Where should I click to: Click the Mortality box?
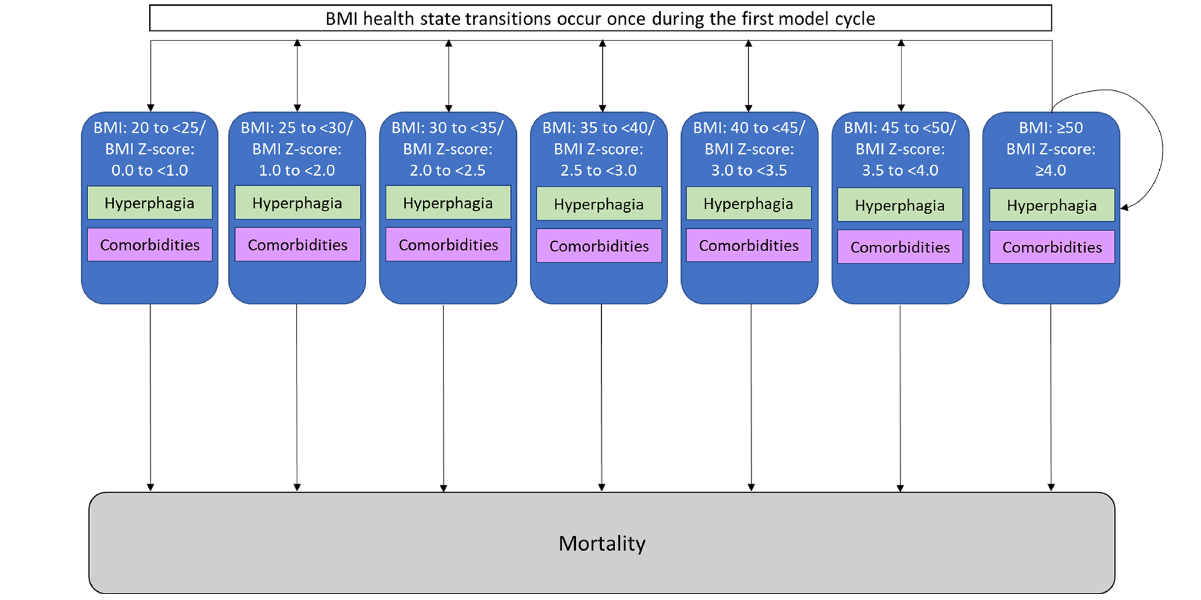tap(602, 542)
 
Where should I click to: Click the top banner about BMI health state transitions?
tap(600, 18)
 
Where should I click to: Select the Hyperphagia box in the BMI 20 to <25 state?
tap(150, 203)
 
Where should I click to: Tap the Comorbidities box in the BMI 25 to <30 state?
tap(297, 245)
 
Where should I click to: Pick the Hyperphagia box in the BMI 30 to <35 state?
tap(448, 203)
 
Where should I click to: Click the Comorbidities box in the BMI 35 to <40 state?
tap(599, 246)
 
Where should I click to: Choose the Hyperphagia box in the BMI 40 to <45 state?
tap(748, 204)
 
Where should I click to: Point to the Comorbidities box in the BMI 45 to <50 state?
tap(900, 247)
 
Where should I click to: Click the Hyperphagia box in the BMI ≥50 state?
tap(1051, 205)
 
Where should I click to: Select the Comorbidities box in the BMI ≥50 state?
tap(1051, 247)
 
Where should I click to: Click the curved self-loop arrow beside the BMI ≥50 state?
tap(1162, 147)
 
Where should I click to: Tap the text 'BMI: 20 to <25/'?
tap(150, 128)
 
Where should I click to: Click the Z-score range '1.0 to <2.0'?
tap(297, 171)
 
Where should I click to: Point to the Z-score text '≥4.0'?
tap(1051, 171)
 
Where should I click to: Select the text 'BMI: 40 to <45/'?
tap(749, 128)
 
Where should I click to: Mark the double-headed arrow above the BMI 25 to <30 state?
tap(297, 75)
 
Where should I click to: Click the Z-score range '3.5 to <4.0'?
tap(900, 171)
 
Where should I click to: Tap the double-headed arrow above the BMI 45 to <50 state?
tap(901, 75)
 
